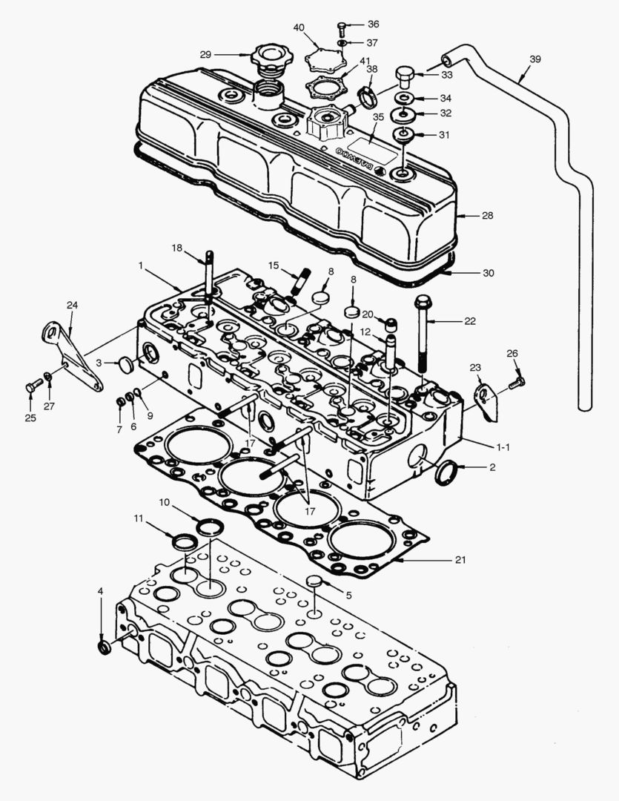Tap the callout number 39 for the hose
pos(535,59)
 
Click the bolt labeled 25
pos(32,386)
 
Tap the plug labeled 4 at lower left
pos(105,647)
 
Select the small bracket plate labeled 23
pos(484,398)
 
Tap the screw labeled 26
pos(517,382)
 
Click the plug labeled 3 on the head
pos(125,364)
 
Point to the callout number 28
pos(486,215)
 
